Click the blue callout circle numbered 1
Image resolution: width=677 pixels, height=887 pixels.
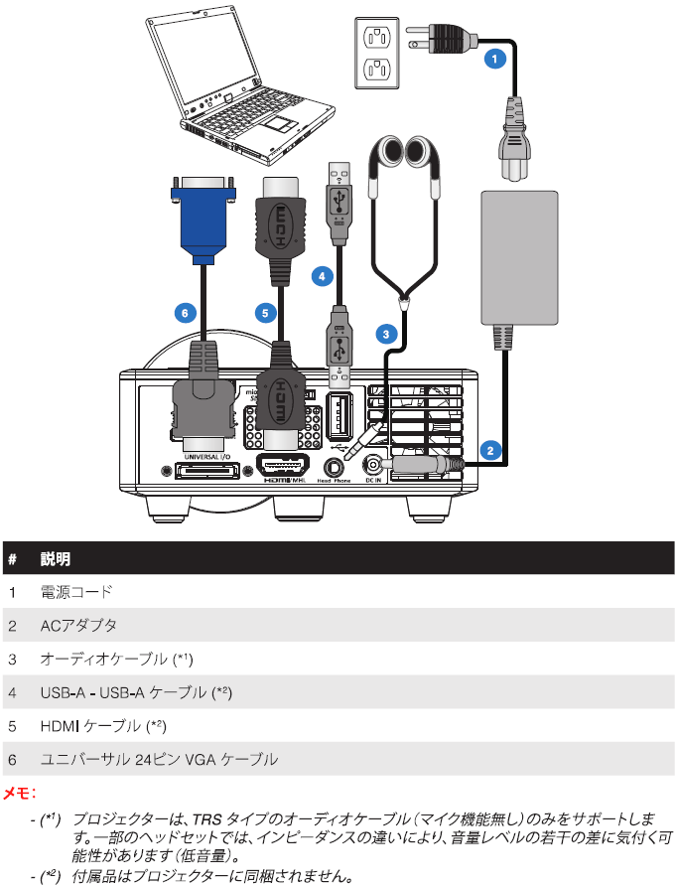[493, 59]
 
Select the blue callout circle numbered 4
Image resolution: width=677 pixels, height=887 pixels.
[321, 275]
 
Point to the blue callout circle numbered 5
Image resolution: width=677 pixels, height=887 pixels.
[263, 313]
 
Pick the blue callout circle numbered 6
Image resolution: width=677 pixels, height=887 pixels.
[182, 313]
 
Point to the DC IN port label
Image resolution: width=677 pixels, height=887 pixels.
[373, 480]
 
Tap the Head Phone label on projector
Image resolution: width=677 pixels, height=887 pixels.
[336, 480]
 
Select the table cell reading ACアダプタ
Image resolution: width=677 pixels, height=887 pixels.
[78, 626]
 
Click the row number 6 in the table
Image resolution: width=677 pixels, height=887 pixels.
[12, 760]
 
